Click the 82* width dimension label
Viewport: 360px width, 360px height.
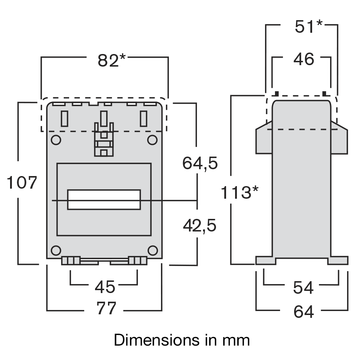pyautogui.click(x=111, y=60)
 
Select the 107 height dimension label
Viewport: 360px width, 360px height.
pyautogui.click(x=22, y=183)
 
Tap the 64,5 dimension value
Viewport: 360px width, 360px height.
pyautogui.click(x=200, y=163)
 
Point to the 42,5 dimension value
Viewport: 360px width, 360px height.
pyautogui.click(x=199, y=226)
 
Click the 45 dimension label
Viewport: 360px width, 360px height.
pyautogui.click(x=105, y=287)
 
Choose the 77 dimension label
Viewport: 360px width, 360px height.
pyautogui.click(x=107, y=309)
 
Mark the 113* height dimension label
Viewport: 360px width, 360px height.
pyautogui.click(x=239, y=193)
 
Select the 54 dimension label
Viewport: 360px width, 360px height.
pyautogui.click(x=303, y=288)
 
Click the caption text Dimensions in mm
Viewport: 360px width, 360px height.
pyautogui.click(x=181, y=340)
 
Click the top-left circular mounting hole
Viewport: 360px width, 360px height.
pyautogui.click(x=56, y=140)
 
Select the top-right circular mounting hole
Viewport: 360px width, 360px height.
pyautogui.click(x=152, y=140)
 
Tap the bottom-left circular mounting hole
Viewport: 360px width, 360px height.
pyautogui.click(x=56, y=250)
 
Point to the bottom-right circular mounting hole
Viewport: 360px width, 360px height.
pyautogui.click(x=153, y=250)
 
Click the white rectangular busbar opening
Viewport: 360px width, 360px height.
pyautogui.click(x=104, y=199)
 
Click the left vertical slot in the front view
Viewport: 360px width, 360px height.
pyautogui.click(x=64, y=118)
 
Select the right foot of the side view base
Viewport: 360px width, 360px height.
pyautogui.click(x=338, y=260)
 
